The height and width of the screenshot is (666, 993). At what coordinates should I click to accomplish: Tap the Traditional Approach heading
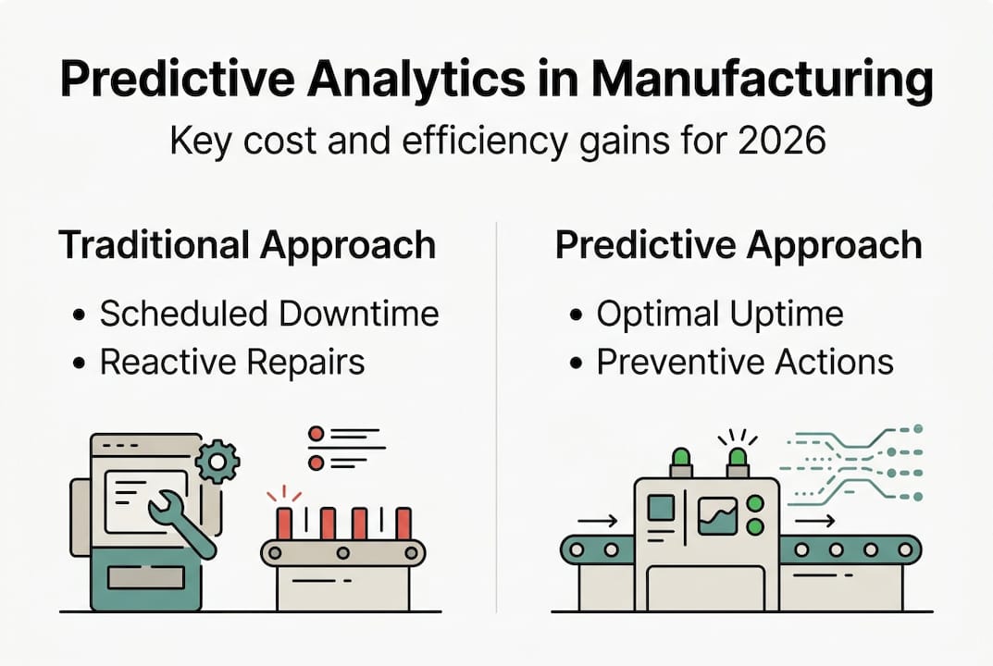point(247,245)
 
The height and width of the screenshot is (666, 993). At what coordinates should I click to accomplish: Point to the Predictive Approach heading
point(738,245)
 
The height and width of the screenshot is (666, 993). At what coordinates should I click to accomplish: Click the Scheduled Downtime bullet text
point(269,314)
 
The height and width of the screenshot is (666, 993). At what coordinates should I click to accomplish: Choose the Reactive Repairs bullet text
point(232,362)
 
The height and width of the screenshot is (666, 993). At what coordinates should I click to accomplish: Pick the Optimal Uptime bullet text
point(719,314)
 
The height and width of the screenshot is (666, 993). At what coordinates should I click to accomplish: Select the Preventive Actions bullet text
point(745,362)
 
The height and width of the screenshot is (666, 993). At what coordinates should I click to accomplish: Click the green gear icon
point(218,460)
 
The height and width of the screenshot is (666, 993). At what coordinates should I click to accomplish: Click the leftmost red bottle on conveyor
point(284,523)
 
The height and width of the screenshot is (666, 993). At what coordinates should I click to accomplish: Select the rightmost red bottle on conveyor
point(403,523)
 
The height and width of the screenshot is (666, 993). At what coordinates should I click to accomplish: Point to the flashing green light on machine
point(738,458)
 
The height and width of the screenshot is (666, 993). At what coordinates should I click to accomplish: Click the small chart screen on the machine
point(717,516)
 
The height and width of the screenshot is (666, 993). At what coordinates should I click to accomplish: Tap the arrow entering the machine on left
point(597,522)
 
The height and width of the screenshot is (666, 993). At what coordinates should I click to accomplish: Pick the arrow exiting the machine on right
point(814,522)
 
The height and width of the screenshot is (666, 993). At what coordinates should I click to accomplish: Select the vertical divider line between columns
point(497,416)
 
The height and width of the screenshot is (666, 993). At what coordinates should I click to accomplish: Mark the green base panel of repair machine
point(145,578)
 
